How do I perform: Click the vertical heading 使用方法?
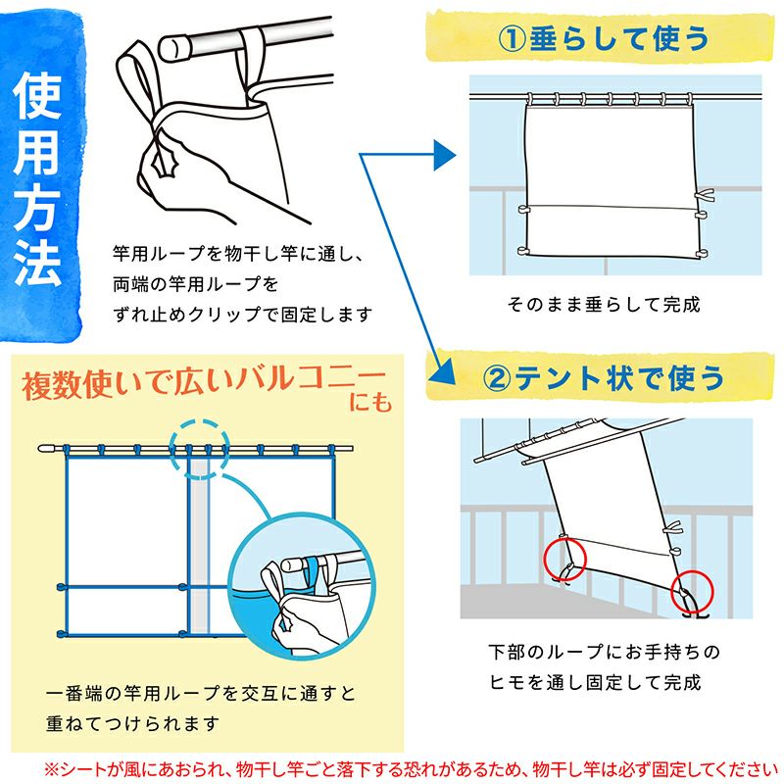pos(37,178)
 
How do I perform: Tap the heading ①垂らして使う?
pos(603,39)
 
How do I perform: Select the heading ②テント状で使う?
pos(603,378)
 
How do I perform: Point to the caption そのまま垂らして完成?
pos(604,304)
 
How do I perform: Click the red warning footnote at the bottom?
pos(411,770)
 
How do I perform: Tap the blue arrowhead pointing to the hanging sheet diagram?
pos(444,155)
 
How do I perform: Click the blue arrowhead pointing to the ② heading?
pos(442,372)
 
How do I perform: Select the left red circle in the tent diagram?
pos(565,558)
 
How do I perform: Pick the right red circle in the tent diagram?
pos(692,593)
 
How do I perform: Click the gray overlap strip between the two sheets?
pos(200,546)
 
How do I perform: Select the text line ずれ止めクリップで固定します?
pos(242,315)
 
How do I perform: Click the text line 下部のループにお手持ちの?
pos(604,652)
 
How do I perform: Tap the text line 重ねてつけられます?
pos(132,723)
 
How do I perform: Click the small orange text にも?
pos(370,403)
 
